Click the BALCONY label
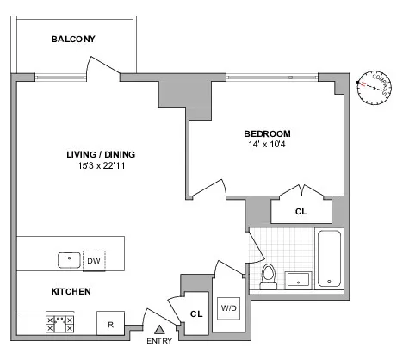click(x=72, y=40)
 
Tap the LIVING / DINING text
click(x=101, y=154)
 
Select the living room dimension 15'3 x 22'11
click(x=101, y=165)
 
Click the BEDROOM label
click(x=267, y=133)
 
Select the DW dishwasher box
click(x=95, y=259)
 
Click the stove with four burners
click(x=60, y=325)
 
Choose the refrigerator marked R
click(x=110, y=325)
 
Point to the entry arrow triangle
click(x=158, y=330)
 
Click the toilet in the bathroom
click(x=269, y=275)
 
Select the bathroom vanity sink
click(x=299, y=278)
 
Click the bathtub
click(x=330, y=258)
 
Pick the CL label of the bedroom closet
click(x=301, y=210)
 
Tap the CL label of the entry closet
click(x=195, y=314)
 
